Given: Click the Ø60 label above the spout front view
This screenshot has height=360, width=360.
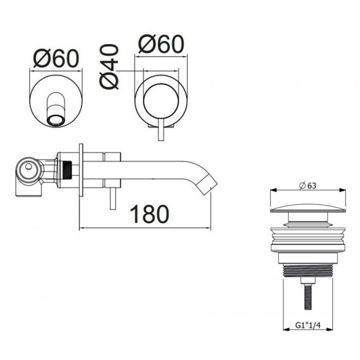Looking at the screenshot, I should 56,59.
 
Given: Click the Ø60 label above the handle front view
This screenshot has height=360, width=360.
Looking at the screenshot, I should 160,45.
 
